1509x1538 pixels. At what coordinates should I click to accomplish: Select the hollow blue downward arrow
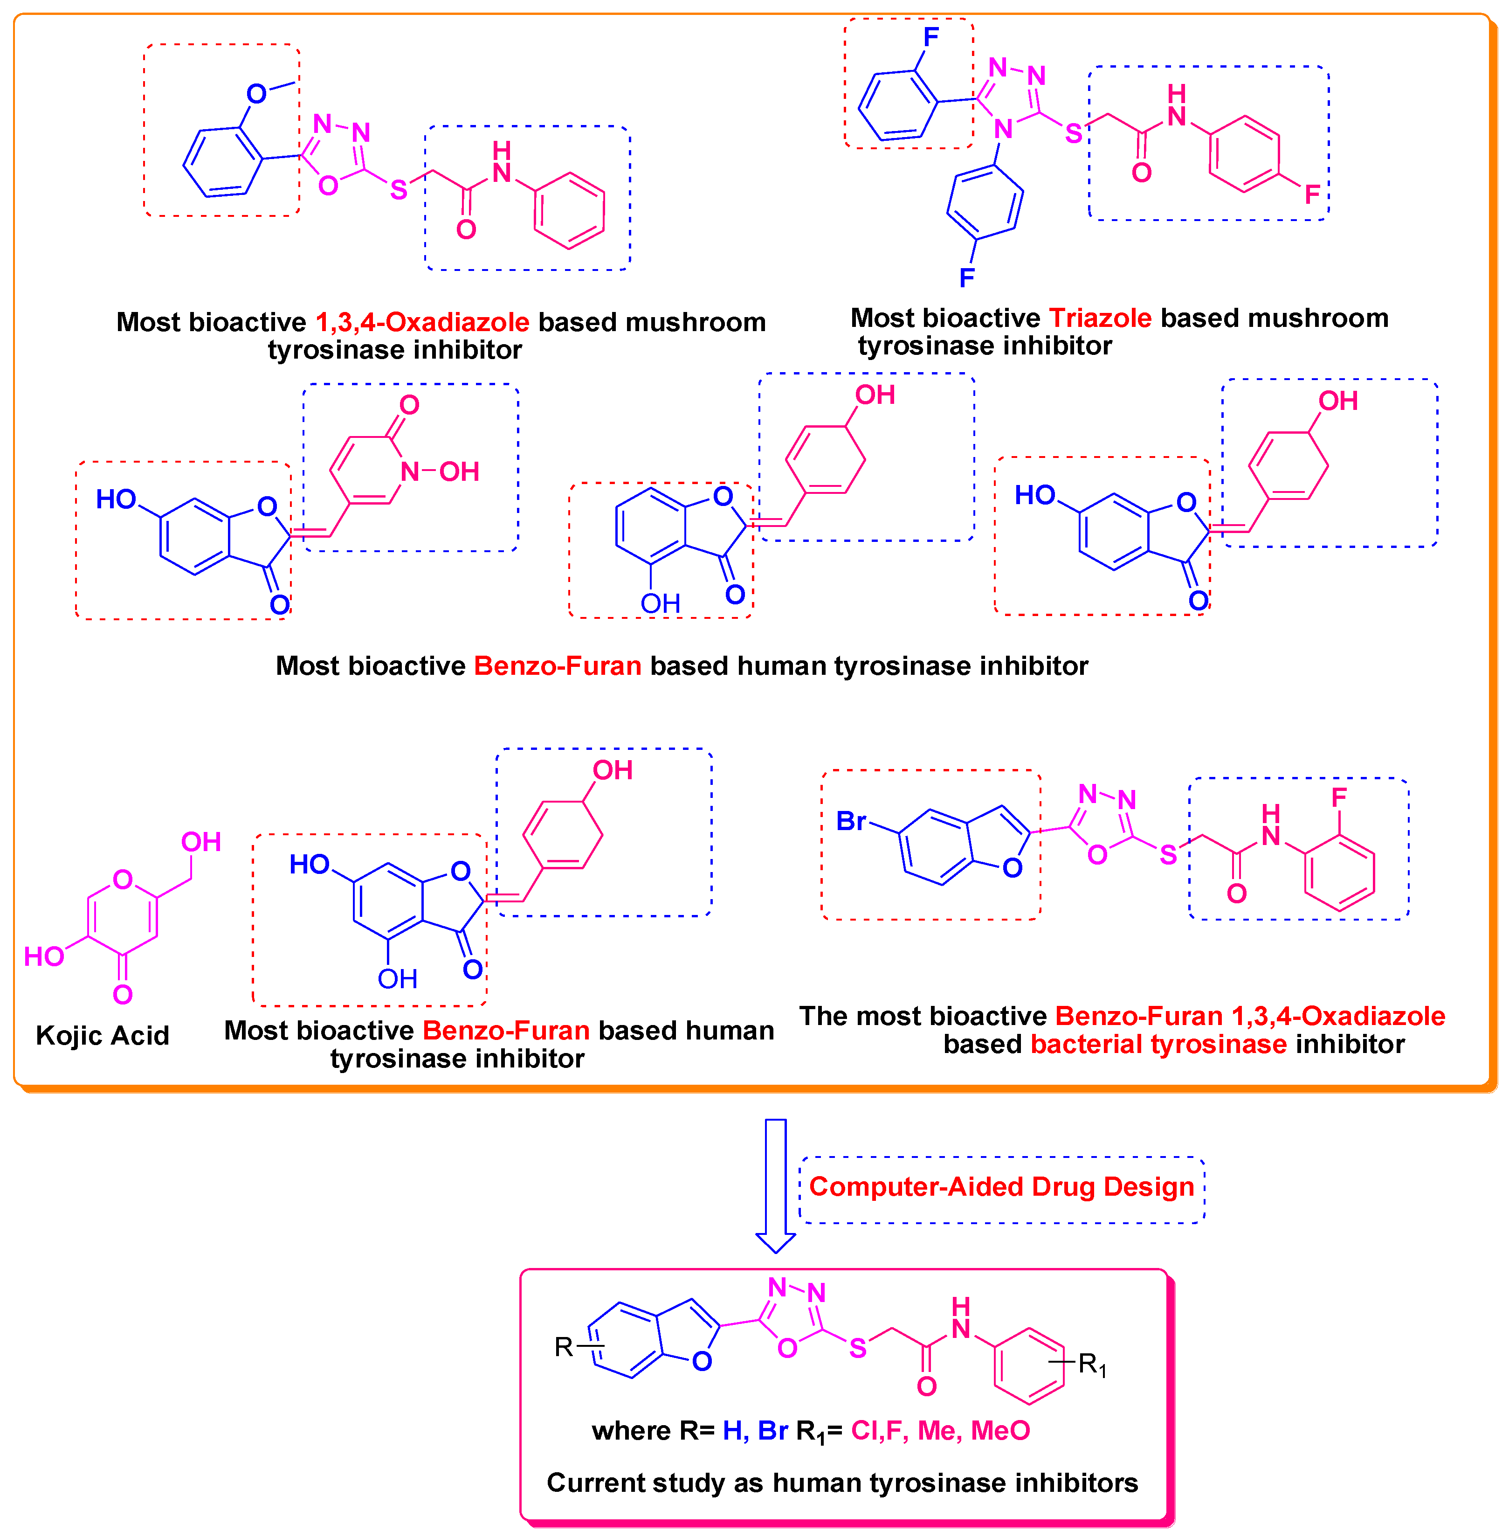(x=775, y=1185)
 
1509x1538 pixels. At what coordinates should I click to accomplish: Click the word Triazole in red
(x=1100, y=318)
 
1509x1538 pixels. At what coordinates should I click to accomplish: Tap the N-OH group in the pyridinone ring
(x=441, y=472)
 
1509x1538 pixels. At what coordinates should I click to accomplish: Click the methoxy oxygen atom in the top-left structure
(x=256, y=94)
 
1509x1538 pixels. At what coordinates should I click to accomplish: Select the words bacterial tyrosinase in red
(x=1159, y=1044)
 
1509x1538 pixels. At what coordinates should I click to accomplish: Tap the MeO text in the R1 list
(x=1000, y=1430)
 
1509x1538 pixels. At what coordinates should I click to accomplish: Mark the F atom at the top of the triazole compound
(x=931, y=36)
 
